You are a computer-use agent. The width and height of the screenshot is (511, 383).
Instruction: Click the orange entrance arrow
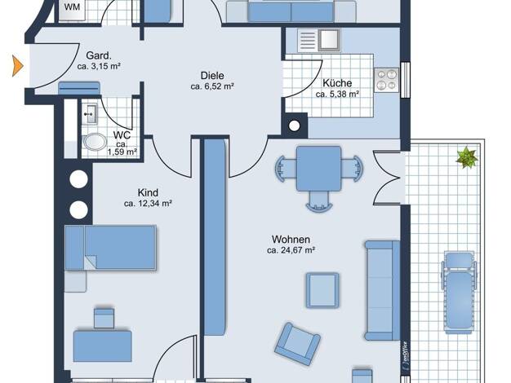(18, 66)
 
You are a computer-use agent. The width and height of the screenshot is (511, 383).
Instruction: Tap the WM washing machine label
(72, 7)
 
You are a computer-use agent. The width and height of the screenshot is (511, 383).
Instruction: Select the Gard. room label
(99, 55)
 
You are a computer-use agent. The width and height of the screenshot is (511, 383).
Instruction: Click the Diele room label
(212, 76)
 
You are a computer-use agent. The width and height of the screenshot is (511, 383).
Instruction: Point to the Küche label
(337, 83)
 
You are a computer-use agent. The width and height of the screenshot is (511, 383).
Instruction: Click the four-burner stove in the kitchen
(386, 80)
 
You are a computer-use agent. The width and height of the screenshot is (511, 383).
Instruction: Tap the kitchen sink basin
(329, 40)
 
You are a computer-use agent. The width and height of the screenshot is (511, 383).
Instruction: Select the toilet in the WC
(95, 143)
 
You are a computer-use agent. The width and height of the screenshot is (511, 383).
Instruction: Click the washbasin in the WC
(89, 114)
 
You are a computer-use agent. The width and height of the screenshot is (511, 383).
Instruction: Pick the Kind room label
(148, 192)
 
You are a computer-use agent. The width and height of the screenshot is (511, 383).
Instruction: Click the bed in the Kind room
(110, 248)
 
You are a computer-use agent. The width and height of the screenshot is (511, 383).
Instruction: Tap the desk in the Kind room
(103, 346)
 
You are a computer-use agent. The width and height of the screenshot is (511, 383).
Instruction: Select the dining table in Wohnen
(318, 168)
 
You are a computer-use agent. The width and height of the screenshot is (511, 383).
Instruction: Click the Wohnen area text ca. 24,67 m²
(291, 250)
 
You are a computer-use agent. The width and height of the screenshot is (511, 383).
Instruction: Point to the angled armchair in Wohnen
(297, 344)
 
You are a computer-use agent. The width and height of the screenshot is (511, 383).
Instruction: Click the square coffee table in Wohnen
(322, 290)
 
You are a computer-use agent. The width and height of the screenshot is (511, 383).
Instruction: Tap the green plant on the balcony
(467, 157)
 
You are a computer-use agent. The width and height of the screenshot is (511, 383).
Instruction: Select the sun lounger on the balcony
(459, 293)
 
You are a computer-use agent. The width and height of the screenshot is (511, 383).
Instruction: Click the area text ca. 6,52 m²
(212, 86)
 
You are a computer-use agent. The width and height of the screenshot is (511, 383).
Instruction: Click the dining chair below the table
(319, 201)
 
